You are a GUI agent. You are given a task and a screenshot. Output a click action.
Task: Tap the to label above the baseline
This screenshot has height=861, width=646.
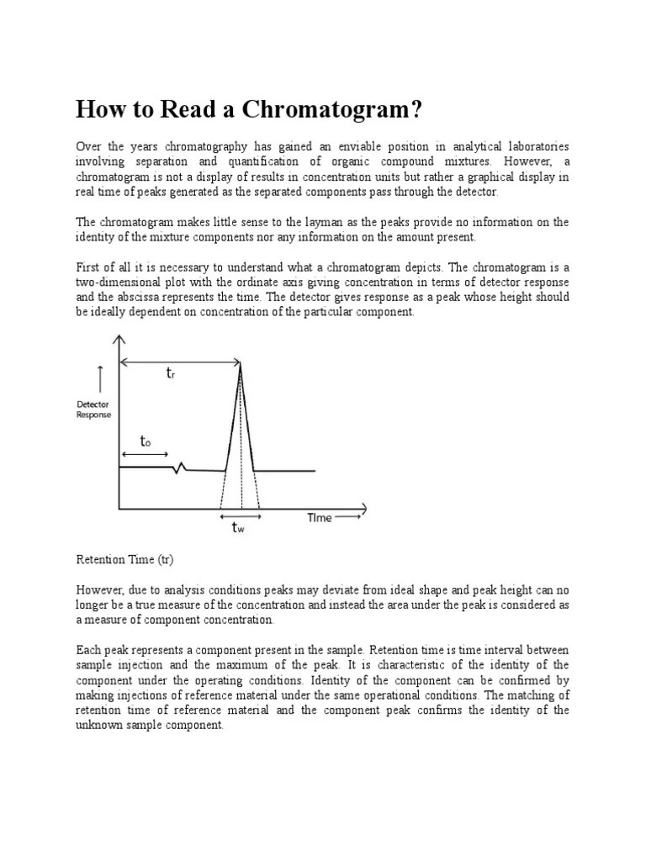click(146, 441)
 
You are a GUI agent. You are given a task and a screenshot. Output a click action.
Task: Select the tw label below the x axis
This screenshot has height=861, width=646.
click(239, 528)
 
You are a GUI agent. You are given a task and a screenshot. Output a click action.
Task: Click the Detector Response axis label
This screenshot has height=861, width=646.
click(93, 409)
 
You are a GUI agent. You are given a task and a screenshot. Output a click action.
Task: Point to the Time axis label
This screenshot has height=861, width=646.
click(319, 518)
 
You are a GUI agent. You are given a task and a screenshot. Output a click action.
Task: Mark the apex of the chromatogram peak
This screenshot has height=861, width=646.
click(241, 362)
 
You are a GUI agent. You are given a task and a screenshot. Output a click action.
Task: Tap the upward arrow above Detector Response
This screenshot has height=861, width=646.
click(101, 378)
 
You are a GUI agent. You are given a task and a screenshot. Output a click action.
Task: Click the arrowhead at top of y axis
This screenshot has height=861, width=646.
click(119, 340)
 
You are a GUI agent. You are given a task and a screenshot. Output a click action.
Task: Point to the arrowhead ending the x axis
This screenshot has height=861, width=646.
click(363, 508)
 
